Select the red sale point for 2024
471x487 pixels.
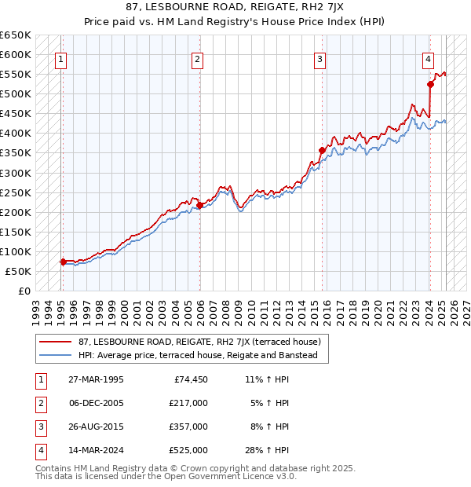(430, 84)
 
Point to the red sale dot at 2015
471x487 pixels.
(322, 150)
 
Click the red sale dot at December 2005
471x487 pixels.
(199, 205)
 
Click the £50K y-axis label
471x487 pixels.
(19, 271)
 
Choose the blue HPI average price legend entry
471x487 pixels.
(196, 355)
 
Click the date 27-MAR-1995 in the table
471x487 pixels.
(95, 379)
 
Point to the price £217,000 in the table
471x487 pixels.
(188, 403)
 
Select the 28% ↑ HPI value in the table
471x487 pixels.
(267, 450)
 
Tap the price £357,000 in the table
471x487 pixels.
(188, 427)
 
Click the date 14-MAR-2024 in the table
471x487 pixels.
(95, 450)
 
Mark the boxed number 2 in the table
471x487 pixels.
(38, 403)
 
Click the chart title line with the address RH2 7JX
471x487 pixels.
(235, 8)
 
